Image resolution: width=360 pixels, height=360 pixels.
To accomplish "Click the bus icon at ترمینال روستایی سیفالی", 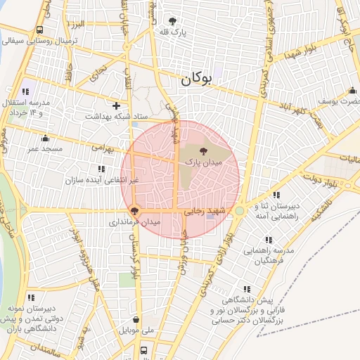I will [39, 30].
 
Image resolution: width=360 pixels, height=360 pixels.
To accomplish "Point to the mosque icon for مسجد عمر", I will [46, 138].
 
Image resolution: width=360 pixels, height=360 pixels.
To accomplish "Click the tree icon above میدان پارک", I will [203, 150].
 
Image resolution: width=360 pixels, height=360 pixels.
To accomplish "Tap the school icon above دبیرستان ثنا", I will [276, 195].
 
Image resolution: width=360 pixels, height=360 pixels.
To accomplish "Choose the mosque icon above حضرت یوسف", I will [352, 91].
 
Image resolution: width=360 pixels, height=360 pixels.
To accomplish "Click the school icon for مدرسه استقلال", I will [26, 91].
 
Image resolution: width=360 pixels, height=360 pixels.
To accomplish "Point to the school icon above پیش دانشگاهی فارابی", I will [246, 289].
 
